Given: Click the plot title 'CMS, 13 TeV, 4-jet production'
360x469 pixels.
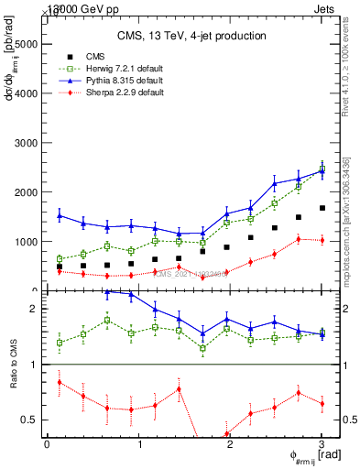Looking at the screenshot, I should pos(191,36).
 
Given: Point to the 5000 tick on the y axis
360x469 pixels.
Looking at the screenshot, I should pos(27,43).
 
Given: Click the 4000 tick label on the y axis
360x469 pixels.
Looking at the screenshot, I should pos(27,93).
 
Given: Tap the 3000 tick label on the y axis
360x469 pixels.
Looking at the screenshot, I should pos(27,143).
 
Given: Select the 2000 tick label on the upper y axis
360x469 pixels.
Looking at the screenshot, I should pos(27,192).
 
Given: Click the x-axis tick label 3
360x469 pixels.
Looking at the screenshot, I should pos(322,444).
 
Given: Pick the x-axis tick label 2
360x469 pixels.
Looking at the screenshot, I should pos(230,444).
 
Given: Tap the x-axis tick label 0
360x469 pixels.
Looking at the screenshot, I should pos(47,444).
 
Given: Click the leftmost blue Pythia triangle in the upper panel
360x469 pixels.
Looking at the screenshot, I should pos(60,215).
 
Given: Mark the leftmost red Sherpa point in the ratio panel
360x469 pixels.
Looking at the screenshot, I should pos(60,381).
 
